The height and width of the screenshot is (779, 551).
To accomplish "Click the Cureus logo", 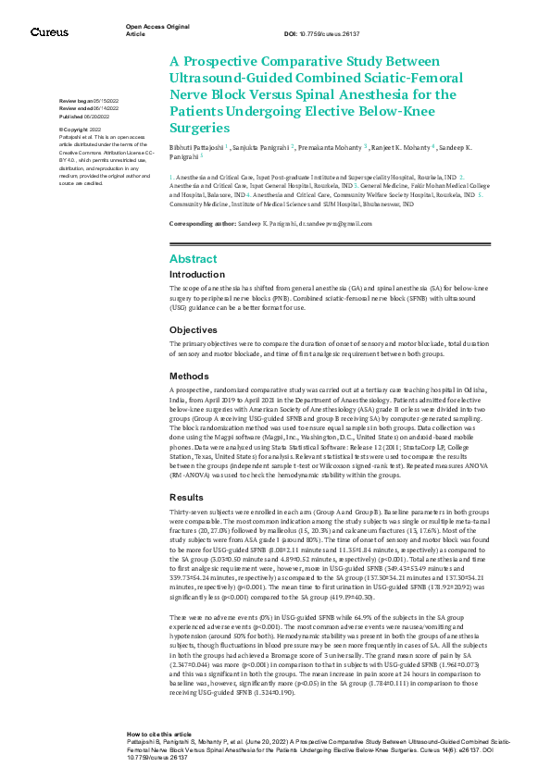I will pyautogui.click(x=49, y=31).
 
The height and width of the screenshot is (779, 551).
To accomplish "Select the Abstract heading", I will pyautogui.click(x=193, y=259).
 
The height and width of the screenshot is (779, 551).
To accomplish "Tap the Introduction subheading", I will pyautogui.click(x=196, y=275).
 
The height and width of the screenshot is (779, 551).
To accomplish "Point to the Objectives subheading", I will pyautogui.click(x=193, y=329).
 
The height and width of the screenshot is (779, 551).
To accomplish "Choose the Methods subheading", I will pyautogui.click(x=189, y=377).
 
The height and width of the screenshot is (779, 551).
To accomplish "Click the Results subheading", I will pyautogui.click(x=186, y=498).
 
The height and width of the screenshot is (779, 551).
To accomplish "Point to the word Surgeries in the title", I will pyautogui.click(x=198, y=127).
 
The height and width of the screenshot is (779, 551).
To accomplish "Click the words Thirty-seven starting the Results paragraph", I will pyautogui.click(x=187, y=513).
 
